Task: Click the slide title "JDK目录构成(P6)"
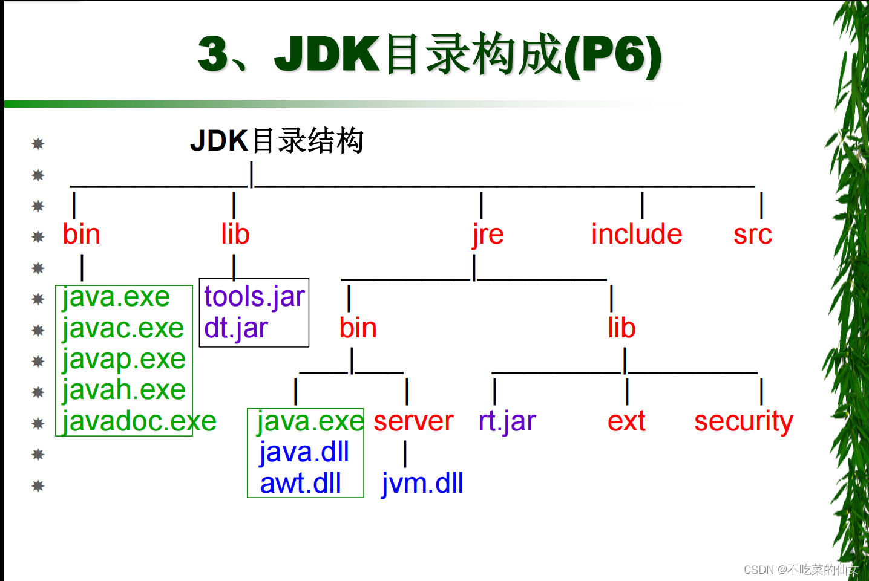tap(430, 54)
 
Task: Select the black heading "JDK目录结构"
tap(277, 141)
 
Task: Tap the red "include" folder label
tap(637, 234)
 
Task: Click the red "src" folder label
tap(753, 234)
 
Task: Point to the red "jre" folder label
tap(488, 234)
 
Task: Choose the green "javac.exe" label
tap(123, 328)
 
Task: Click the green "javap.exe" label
tap(123, 359)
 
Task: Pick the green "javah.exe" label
tap(123, 390)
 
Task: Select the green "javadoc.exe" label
tap(139, 421)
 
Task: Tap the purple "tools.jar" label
tap(254, 297)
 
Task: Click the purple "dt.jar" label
tap(236, 328)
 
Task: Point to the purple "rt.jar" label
tap(507, 421)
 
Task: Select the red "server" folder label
tap(413, 421)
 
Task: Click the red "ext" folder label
tap(626, 421)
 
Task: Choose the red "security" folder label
tap(743, 421)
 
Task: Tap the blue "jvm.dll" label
tap(422, 484)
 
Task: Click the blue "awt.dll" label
tap(301, 484)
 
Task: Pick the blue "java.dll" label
tap(304, 452)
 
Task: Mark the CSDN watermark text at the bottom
tap(801, 570)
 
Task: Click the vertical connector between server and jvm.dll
tap(405, 453)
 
